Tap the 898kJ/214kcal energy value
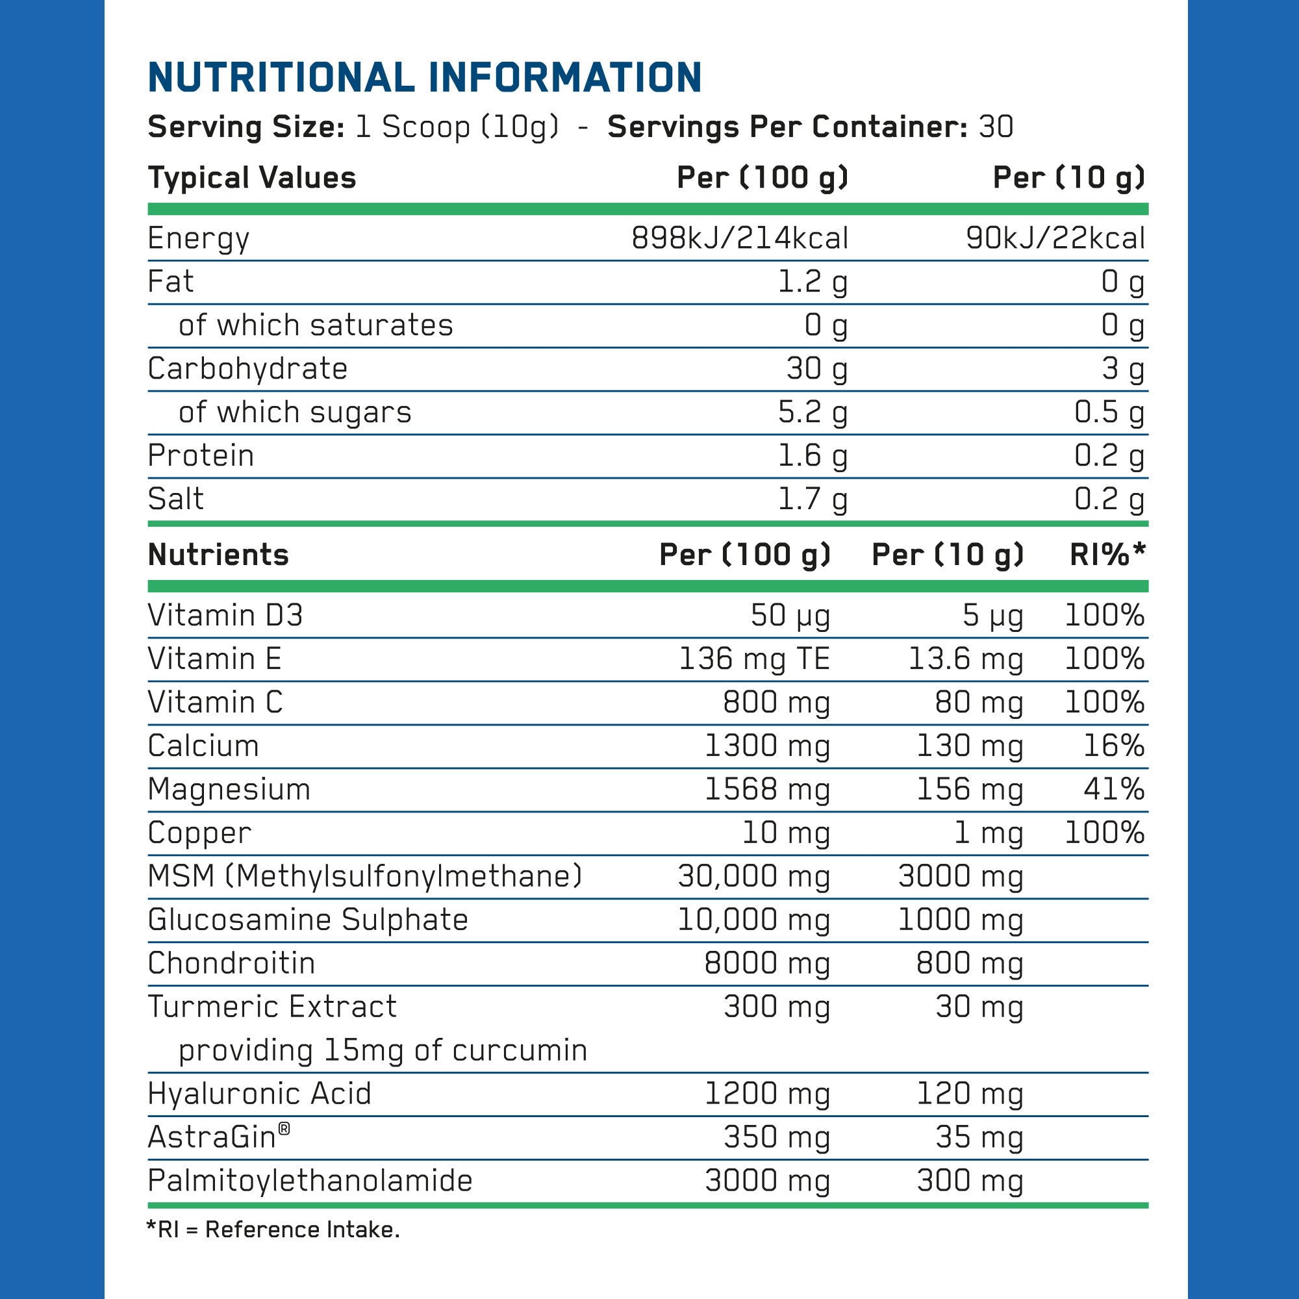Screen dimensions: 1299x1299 [740, 238]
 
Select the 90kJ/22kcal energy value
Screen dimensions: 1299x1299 [1055, 238]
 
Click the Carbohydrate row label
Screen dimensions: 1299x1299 [247, 368]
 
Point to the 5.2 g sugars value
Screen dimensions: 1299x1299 [813, 412]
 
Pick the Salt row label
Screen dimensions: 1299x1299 [175, 499]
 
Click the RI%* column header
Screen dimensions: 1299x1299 [1107, 555]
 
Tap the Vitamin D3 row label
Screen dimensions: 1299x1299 [225, 615]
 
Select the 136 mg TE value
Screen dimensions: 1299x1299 [754, 659]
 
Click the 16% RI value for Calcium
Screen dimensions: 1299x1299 [1113, 746]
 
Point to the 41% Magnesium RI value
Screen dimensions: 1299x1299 [1113, 789]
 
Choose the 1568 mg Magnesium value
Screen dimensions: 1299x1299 [767, 789]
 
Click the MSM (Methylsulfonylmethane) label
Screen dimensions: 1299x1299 [365, 876]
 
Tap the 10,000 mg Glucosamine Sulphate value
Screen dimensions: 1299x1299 [753, 920]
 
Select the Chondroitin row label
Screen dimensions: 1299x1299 [231, 963]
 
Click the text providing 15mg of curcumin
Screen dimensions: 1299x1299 [383, 1050]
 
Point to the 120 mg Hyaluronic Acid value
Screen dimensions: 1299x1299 [970, 1094]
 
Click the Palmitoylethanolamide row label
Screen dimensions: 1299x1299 [310, 1181]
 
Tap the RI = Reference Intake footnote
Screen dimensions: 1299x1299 [273, 1230]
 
